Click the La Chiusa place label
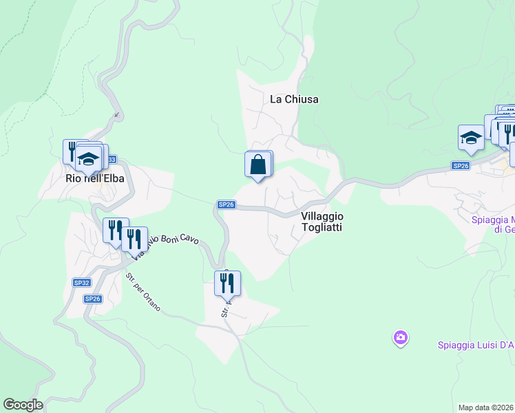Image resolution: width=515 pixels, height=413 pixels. (294, 99)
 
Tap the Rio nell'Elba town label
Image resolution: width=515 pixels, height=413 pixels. (94, 178)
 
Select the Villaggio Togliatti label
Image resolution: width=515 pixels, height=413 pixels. (322, 221)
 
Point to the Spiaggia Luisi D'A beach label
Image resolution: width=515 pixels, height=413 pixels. (476, 346)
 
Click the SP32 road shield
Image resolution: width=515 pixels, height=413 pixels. (81, 283)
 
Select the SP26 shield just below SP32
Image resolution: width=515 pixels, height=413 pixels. (92, 299)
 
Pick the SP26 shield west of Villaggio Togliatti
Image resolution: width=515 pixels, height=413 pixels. (227, 204)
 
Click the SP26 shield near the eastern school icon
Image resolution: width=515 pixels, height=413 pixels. (461, 166)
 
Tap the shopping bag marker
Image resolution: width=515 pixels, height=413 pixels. (257, 165)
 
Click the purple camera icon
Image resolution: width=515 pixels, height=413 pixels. (401, 337)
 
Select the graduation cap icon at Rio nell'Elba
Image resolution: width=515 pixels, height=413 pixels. (88, 160)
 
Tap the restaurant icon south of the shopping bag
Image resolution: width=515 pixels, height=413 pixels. (227, 282)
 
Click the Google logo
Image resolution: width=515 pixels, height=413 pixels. (23, 405)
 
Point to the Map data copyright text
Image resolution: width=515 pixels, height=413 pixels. (486, 407)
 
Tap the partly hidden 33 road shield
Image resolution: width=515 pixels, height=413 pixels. (111, 159)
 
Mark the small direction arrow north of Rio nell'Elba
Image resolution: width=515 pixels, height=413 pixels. (117, 115)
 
